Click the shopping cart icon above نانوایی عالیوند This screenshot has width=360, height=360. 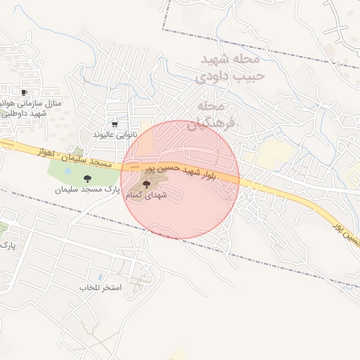click(x=115, y=124)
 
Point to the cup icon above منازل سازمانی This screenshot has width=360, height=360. click(x=25, y=92)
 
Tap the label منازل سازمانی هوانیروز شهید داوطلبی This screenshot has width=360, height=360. click(x=28, y=108)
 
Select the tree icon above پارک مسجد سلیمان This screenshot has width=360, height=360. click(x=87, y=179)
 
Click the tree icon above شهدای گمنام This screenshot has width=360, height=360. click(x=146, y=184)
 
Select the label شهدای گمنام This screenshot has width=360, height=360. click(x=146, y=195)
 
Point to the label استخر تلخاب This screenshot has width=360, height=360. click(x=101, y=288)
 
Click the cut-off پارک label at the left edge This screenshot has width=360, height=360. click(x=7, y=245)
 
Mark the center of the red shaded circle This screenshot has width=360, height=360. click(x=181, y=179)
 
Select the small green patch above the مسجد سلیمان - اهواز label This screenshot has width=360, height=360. click(x=77, y=151)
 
